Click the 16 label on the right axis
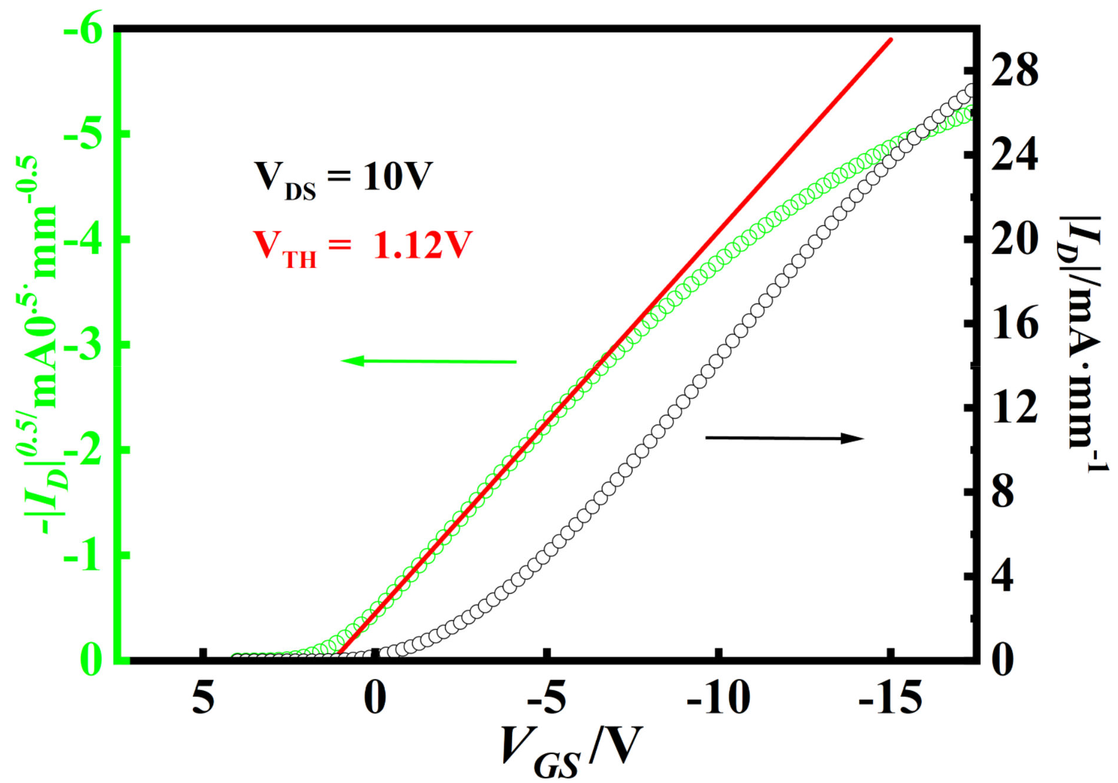pyautogui.click(x=1015, y=324)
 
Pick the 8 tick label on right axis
pyautogui.click(x=1003, y=493)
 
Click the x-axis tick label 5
pyautogui.click(x=203, y=698)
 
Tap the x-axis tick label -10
pyautogui.click(x=718, y=698)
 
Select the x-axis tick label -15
pyautogui.click(x=890, y=698)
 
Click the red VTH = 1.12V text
pyautogui.click(x=362, y=247)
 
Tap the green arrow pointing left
pyautogui.click(x=429, y=361)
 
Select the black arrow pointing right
pyautogui.click(x=785, y=438)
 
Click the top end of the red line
pyautogui.click(x=891, y=40)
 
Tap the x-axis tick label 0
pyautogui.click(x=375, y=698)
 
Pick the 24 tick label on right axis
pyautogui.click(x=1015, y=156)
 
